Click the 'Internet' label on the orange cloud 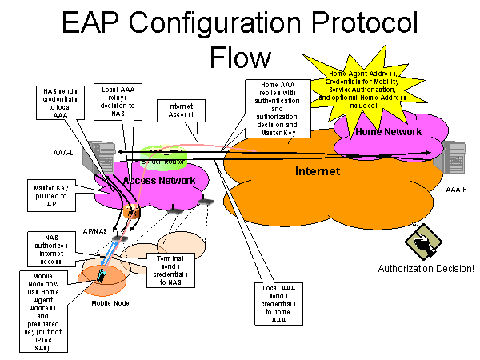tap(318, 171)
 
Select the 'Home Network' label tap(389, 131)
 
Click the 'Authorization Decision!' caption tap(426, 268)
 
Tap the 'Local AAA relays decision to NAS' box tap(113, 99)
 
